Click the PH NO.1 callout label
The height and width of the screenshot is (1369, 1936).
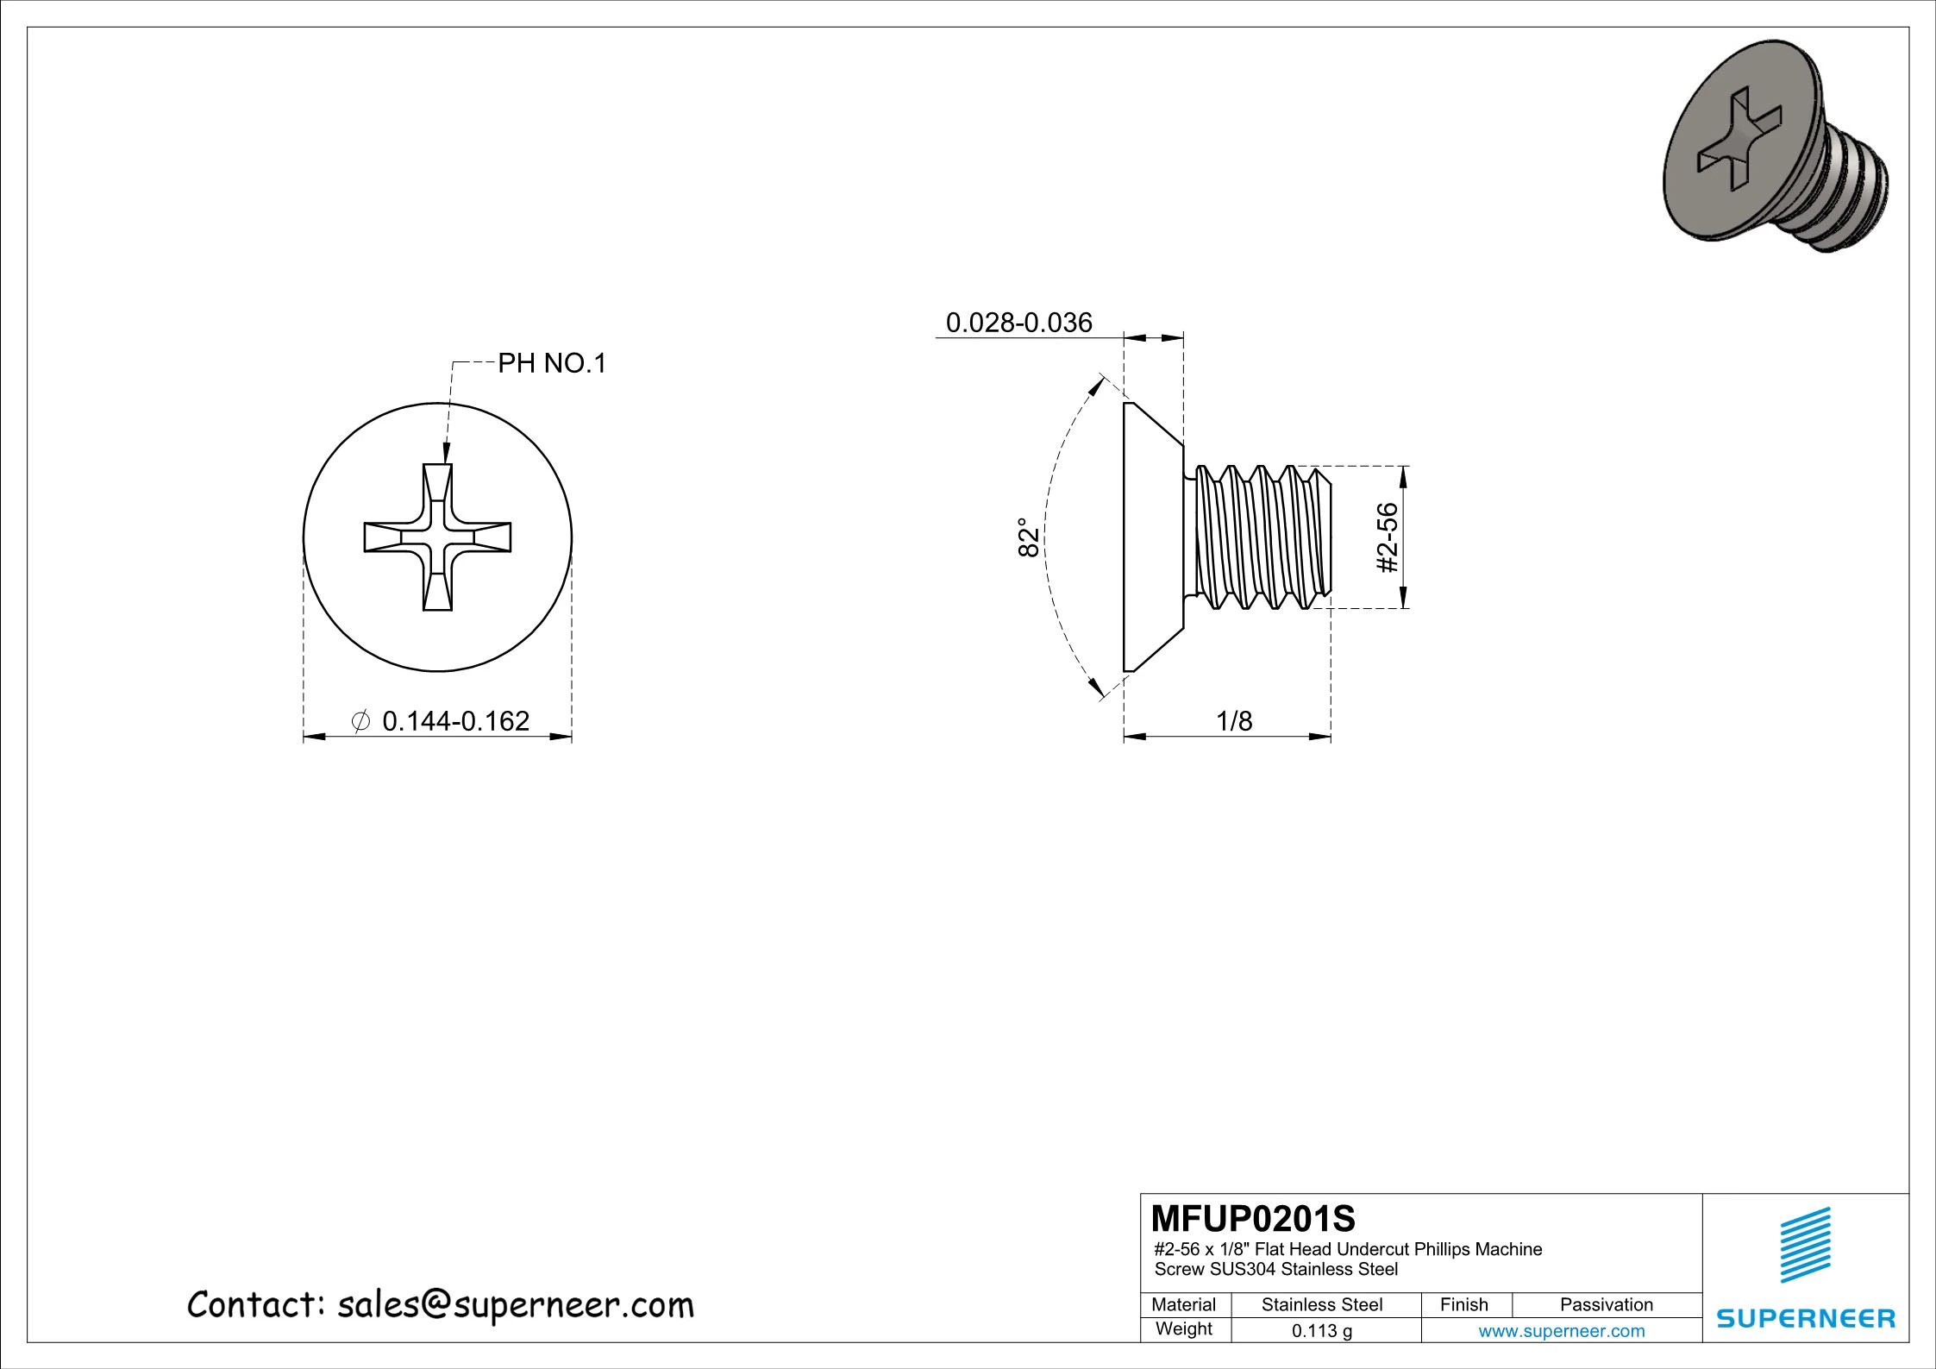point(552,363)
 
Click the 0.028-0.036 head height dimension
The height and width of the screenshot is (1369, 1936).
point(1018,323)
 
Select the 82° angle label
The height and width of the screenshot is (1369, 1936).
point(1028,537)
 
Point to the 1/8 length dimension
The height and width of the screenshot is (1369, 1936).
point(1233,721)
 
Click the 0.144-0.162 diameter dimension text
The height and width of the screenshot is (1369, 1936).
point(455,720)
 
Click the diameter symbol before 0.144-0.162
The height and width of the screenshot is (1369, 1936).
point(362,720)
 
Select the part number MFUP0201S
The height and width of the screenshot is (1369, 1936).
point(1253,1219)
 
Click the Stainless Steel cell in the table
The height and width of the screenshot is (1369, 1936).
point(1321,1304)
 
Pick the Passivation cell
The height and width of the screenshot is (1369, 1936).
point(1606,1304)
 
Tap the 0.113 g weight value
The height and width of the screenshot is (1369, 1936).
point(1321,1331)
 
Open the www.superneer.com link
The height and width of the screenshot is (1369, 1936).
point(1561,1331)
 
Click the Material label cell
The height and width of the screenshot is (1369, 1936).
point(1183,1304)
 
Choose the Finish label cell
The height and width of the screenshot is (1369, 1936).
point(1463,1304)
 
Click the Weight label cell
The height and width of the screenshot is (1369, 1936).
point(1183,1328)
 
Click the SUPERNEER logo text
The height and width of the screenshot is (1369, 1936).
point(1806,1318)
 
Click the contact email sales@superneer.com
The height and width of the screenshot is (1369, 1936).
point(515,1305)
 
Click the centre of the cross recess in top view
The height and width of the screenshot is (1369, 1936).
point(437,537)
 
